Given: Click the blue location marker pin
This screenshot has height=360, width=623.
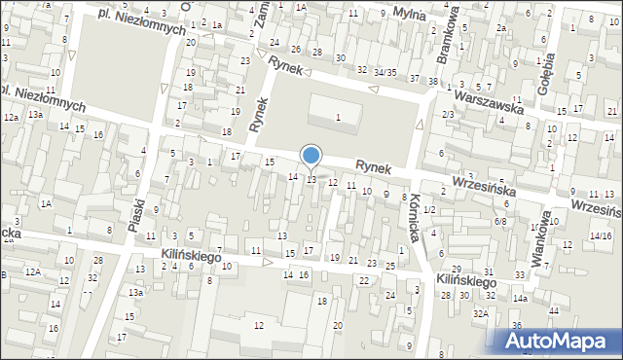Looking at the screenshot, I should (x=311, y=156).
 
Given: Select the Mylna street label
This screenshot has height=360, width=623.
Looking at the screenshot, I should (x=422, y=14).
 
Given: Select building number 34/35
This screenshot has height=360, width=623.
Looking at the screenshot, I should (x=385, y=72).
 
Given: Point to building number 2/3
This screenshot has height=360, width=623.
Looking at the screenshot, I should (x=448, y=115).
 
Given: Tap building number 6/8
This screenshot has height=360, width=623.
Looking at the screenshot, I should (x=500, y=222).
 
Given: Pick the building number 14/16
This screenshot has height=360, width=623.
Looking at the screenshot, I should (x=601, y=236).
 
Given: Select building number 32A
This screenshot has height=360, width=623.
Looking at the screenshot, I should (x=481, y=313).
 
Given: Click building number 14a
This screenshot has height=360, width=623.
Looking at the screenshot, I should (x=521, y=299).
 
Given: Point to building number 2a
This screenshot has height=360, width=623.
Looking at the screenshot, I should (x=500, y=28).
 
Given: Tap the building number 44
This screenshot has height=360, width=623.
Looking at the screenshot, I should (x=554, y=309).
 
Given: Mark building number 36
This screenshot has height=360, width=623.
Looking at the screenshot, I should (x=518, y=325).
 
